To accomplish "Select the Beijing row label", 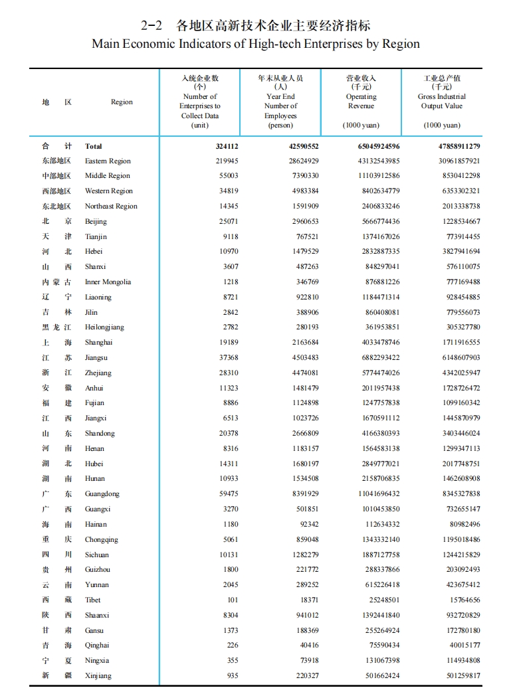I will pos(96,221).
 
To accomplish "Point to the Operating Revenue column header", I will pos(361,101).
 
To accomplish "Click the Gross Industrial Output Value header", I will pos(441,101).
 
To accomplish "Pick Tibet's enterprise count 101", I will pos(232,600).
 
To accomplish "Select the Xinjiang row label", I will pos(98,675).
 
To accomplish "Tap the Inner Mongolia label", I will pos(108,282).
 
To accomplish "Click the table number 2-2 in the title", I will pos(152,26).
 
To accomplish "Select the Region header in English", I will pos(122,102).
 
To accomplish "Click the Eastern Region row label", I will pos(108,161).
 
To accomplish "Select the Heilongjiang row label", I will pos(104,327).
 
